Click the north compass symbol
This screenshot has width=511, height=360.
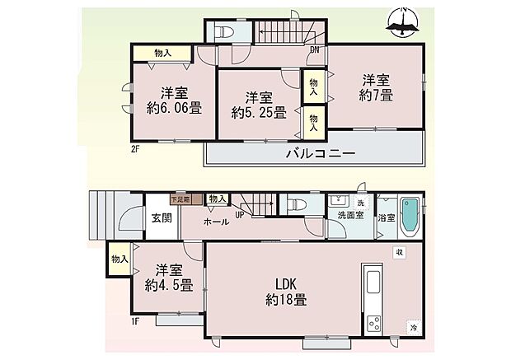tap(403, 26)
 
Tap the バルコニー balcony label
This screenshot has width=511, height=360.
tap(320, 154)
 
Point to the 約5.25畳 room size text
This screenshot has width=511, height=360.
tap(257, 112)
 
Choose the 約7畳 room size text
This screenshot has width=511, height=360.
tap(376, 96)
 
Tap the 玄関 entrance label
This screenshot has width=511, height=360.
tap(161, 217)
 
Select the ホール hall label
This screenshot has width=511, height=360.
tap(216, 222)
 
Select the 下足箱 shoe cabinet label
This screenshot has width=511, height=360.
tap(180, 199)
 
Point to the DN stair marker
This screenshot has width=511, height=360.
tap(314, 49)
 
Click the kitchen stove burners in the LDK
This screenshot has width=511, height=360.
tap(373, 322)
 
